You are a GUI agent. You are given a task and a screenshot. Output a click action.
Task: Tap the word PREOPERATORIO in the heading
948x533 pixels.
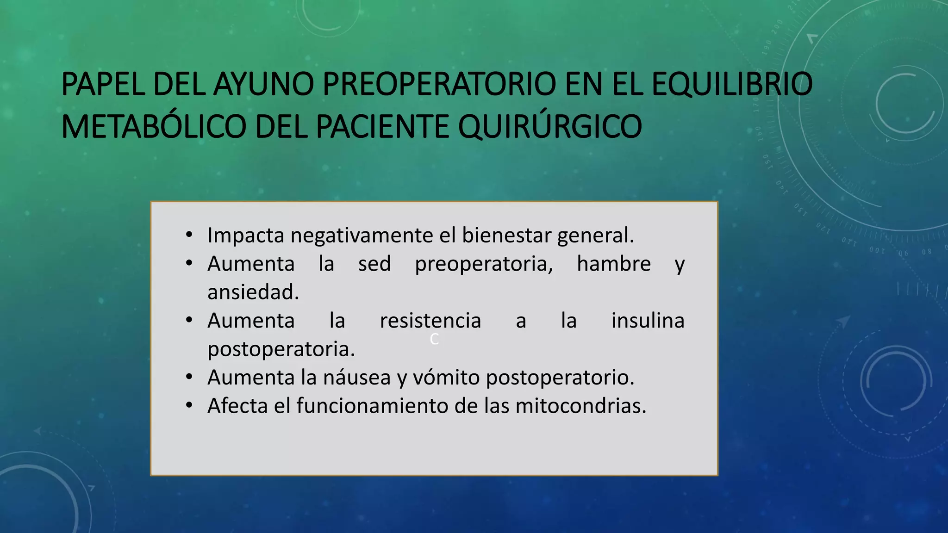tap(439, 84)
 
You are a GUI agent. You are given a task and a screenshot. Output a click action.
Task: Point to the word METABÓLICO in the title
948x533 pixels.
tap(153, 126)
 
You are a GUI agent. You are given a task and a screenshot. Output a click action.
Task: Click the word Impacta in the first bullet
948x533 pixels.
tap(246, 236)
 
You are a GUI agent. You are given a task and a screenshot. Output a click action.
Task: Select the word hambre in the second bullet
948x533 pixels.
tap(614, 264)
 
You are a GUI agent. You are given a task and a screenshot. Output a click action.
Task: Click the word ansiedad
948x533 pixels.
tap(253, 292)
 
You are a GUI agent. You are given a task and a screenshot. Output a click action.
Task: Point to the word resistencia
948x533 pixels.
tap(430, 321)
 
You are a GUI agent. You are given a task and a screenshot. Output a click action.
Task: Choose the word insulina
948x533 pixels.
tap(648, 321)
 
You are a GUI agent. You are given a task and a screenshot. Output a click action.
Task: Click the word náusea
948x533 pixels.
tap(357, 378)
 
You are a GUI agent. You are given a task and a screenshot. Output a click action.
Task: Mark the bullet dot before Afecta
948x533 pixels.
tap(189, 406)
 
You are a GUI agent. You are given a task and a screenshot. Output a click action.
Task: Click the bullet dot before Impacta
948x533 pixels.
tap(189, 235)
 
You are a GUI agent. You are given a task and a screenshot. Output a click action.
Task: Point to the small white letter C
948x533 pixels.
tap(434, 339)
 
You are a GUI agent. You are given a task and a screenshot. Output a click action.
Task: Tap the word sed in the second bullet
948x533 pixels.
tap(374, 264)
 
